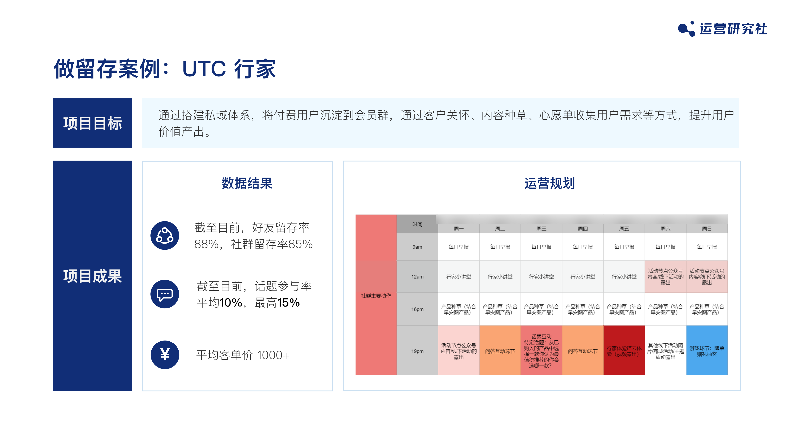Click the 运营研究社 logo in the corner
(722, 29)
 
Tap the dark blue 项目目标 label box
(92, 123)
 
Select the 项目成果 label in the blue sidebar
(92, 276)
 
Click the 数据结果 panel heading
(247, 183)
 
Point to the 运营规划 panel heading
(549, 183)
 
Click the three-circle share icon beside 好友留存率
(165, 235)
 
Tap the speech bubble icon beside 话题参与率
(165, 294)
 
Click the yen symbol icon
(165, 355)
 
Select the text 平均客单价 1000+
(243, 355)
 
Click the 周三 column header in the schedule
(541, 229)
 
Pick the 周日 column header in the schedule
(707, 229)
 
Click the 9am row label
(417, 247)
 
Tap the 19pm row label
(417, 351)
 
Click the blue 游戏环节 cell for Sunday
(707, 351)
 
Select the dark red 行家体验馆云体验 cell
(624, 351)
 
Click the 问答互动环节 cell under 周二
(500, 351)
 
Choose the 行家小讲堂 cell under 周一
(459, 277)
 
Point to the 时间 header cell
(417, 224)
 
